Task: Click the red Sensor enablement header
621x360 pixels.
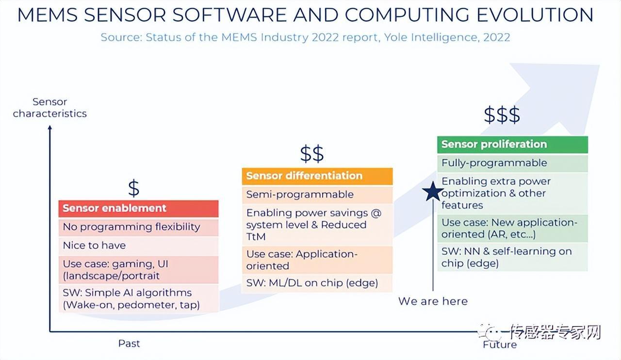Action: pos(138,209)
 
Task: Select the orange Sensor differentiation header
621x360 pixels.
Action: pos(317,176)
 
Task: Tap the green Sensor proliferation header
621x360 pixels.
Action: pos(512,145)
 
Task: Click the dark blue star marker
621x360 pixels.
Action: pos(433,192)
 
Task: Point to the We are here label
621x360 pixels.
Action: pos(433,301)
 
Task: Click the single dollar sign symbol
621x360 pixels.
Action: pos(133,188)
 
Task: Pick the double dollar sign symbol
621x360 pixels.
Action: pos(312,153)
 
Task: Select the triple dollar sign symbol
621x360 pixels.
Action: pos(502,115)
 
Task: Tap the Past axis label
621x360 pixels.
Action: pos(129,344)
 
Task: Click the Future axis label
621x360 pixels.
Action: pos(500,345)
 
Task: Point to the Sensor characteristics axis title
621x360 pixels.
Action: pos(49,108)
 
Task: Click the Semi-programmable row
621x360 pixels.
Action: pos(317,195)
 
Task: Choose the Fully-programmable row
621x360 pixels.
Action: pos(512,163)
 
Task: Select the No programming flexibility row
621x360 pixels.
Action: pos(138,227)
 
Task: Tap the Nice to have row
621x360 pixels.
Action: pos(138,245)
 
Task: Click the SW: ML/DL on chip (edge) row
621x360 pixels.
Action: pos(317,283)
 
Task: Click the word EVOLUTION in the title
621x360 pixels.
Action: pos(535,15)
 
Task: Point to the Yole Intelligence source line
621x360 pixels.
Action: pos(305,37)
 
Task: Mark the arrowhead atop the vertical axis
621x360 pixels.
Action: pos(50,127)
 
